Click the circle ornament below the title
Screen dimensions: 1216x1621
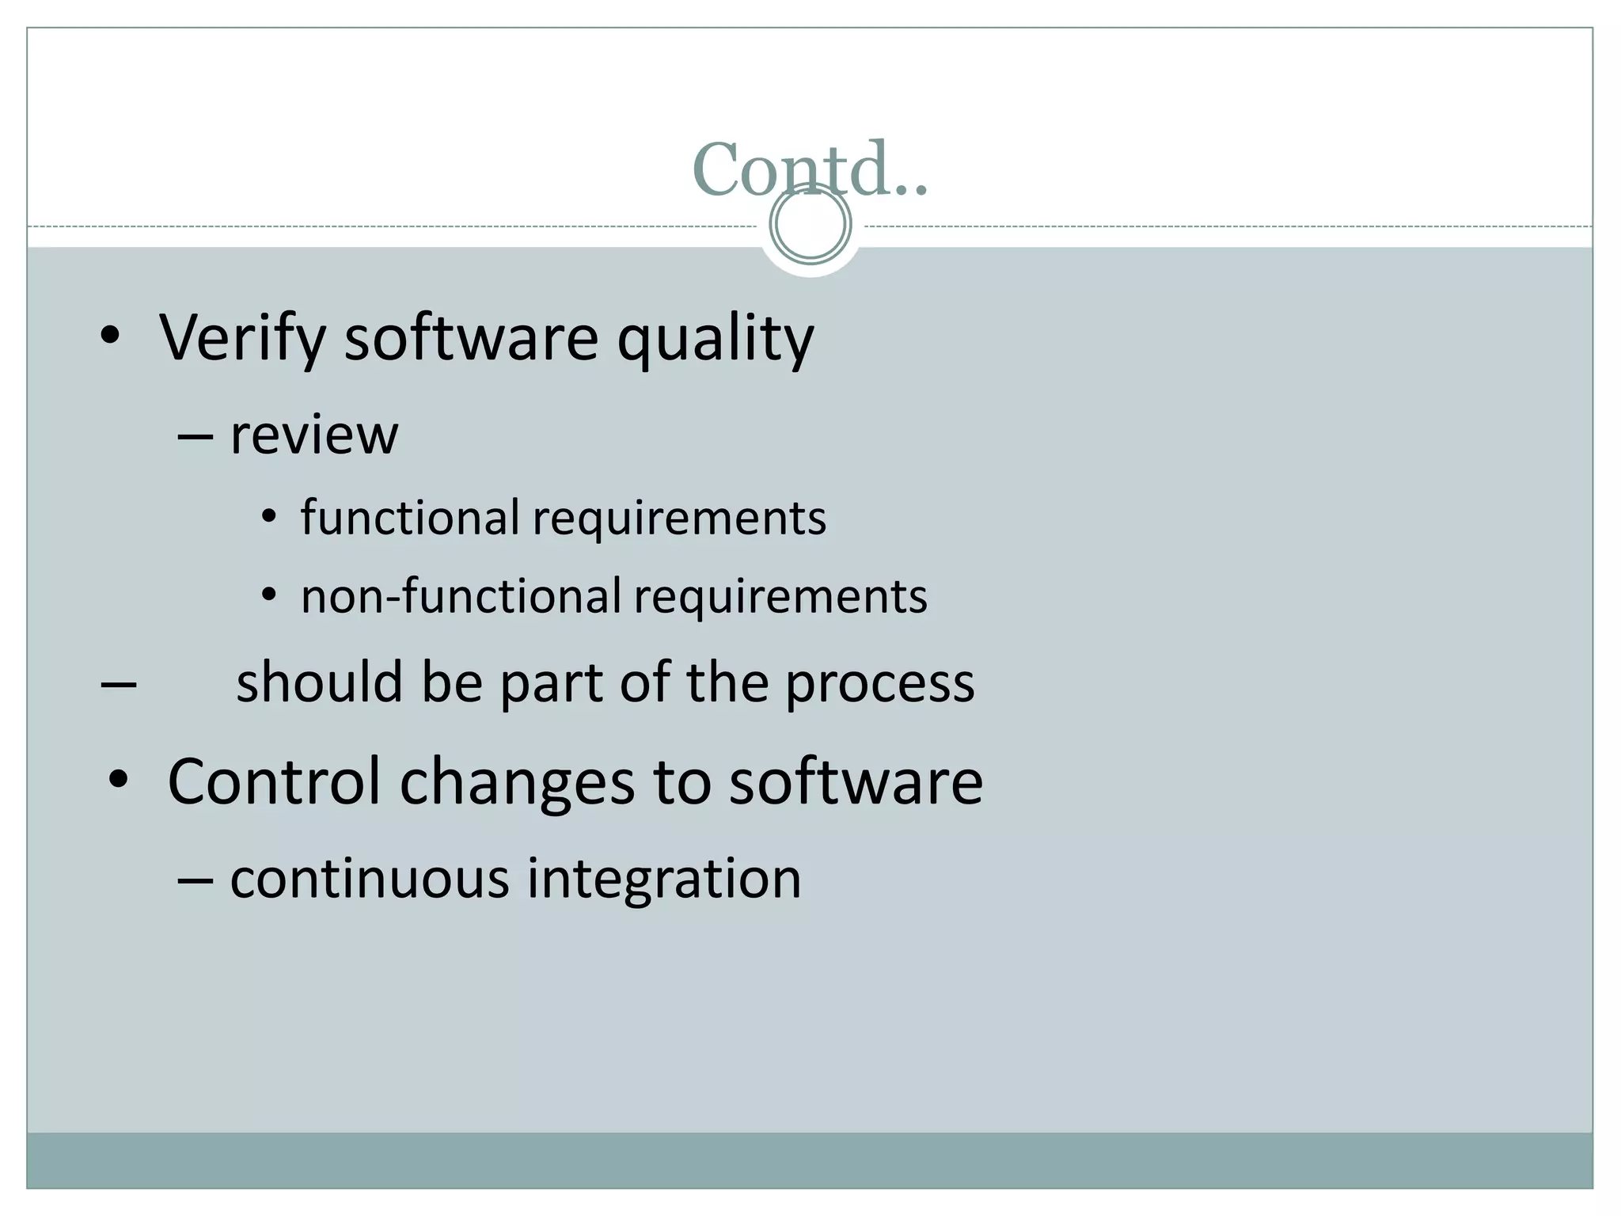(810, 224)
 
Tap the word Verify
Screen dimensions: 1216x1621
(242, 339)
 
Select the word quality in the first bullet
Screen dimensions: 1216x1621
(715, 339)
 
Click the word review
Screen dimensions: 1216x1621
(313, 435)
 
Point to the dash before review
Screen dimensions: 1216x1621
(195, 438)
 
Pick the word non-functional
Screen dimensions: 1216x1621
(461, 596)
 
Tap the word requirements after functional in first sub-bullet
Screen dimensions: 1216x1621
(679, 519)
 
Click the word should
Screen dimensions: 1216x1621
(320, 682)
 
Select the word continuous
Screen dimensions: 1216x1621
(369, 879)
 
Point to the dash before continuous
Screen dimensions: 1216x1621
(195, 880)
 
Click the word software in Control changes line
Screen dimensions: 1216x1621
(855, 781)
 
